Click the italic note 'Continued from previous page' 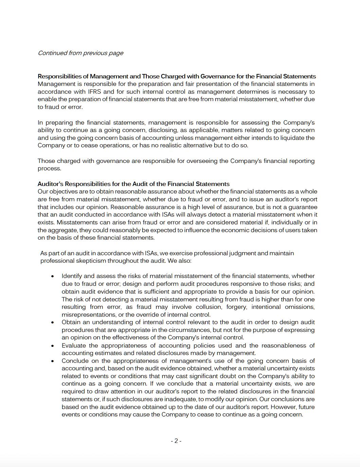coord(80,53)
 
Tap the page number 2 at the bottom coord(176,441)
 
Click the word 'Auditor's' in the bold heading coord(50,184)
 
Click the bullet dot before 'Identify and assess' coord(52,276)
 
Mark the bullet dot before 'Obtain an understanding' coord(52,322)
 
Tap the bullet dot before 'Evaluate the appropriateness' coord(52,345)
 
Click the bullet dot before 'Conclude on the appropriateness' coord(52,361)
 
